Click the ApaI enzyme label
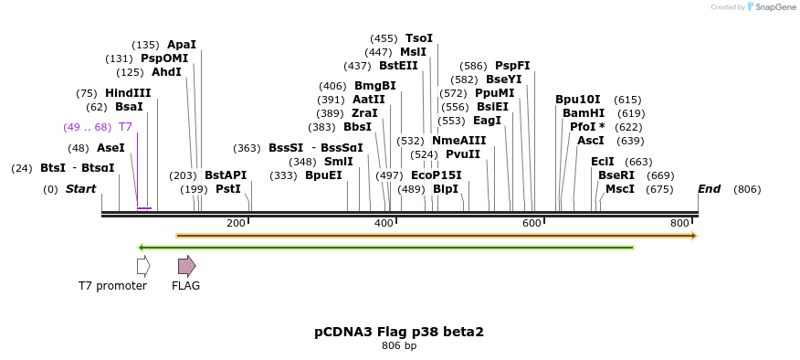click(181, 45)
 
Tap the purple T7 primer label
click(125, 127)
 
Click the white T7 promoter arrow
click(142, 266)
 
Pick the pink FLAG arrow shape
click(186, 266)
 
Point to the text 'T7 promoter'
click(112, 286)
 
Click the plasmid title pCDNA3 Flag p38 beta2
click(399, 332)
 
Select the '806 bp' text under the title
click(399, 346)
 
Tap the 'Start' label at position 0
click(80, 189)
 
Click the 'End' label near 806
click(710, 189)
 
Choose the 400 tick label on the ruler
click(384, 224)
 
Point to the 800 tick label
click(680, 224)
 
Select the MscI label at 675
click(620, 189)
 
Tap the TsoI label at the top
click(419, 38)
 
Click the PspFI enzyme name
click(512, 66)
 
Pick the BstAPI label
click(226, 175)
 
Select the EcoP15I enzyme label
click(437, 175)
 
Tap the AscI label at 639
click(591, 141)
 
